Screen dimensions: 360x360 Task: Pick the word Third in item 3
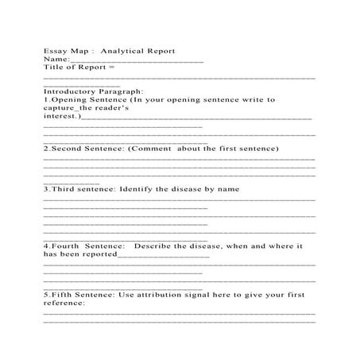click(x=65, y=189)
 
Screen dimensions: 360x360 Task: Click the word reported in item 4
click(x=95, y=255)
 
